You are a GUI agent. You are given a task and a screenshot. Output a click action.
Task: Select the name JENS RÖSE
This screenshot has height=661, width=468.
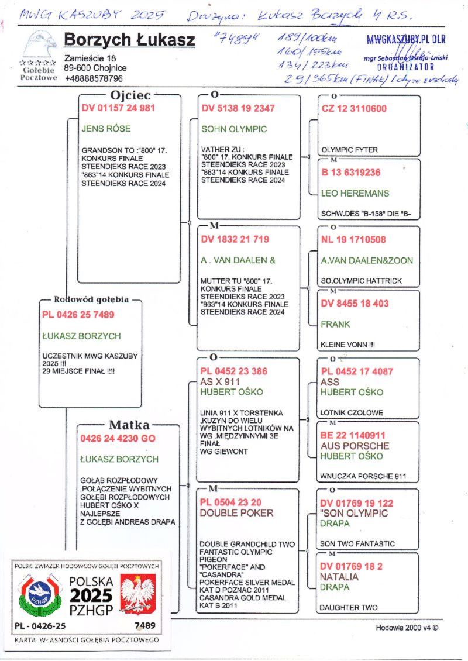click(x=106, y=129)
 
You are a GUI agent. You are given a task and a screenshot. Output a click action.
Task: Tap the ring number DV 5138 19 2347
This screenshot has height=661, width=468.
click(x=238, y=108)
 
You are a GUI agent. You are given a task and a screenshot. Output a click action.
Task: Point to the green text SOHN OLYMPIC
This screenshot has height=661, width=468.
click(x=233, y=129)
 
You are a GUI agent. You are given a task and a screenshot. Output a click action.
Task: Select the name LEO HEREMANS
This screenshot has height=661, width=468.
click(x=355, y=193)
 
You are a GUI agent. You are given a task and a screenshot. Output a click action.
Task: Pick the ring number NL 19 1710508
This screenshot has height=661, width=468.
click(x=353, y=240)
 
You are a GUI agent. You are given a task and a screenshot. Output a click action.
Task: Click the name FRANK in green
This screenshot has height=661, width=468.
click(x=335, y=324)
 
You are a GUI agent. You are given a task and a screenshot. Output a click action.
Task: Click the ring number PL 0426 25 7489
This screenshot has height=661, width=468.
click(x=78, y=315)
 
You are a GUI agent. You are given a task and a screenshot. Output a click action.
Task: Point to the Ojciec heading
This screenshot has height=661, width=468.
click(x=130, y=95)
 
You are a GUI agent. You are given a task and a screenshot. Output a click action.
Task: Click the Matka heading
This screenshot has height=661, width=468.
click(x=129, y=425)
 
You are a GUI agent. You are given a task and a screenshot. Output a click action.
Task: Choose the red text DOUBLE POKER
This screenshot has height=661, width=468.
click(x=236, y=513)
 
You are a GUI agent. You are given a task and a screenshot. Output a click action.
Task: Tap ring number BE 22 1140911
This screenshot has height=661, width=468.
click(x=353, y=435)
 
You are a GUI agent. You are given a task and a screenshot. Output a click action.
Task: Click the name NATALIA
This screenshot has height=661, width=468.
click(x=339, y=577)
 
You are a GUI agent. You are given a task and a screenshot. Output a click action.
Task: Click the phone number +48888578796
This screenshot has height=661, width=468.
click(x=94, y=78)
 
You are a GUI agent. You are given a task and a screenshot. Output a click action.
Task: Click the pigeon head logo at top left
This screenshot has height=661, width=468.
click(x=40, y=44)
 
